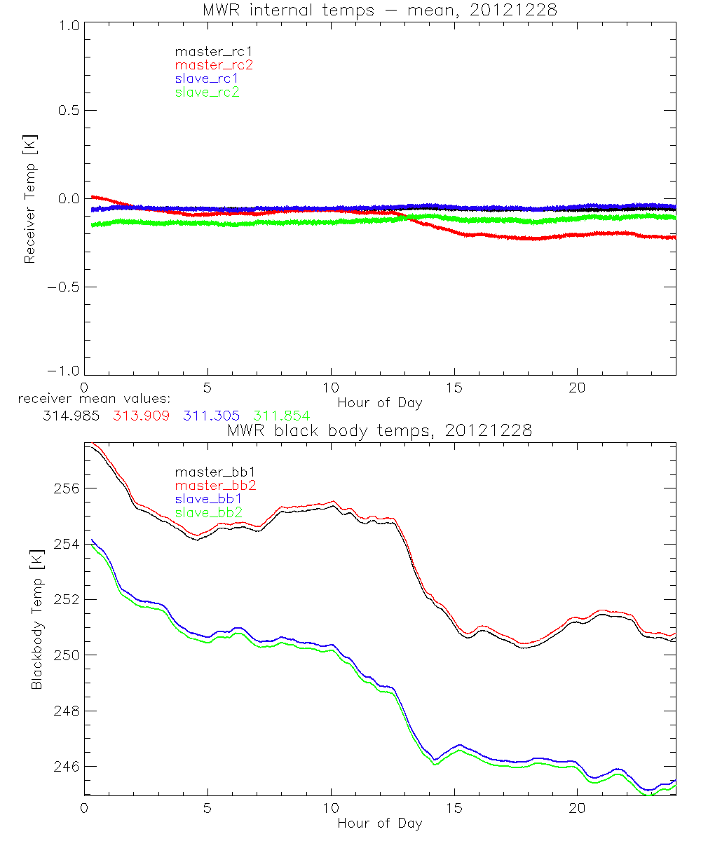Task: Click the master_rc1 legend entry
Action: [x=207, y=52]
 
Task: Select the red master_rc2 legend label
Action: [x=214, y=65]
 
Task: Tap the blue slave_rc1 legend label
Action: [x=207, y=78]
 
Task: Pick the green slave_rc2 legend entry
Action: [x=207, y=92]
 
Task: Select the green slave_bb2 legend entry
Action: [x=210, y=513]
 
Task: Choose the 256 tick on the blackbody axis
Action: [x=63, y=488]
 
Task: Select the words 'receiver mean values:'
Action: [x=89, y=399]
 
